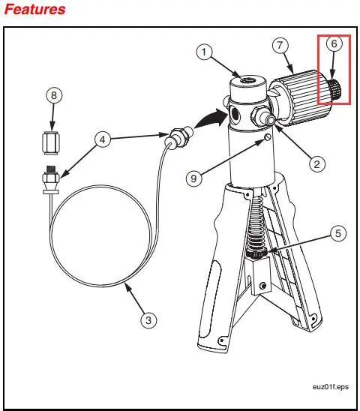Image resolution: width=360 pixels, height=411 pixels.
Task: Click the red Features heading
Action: tap(34, 10)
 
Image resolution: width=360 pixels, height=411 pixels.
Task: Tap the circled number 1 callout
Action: tap(204, 52)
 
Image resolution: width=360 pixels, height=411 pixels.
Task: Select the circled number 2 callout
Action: tap(317, 164)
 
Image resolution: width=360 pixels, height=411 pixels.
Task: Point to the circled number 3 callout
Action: tap(148, 320)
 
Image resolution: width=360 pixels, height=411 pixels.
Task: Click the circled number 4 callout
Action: tap(103, 139)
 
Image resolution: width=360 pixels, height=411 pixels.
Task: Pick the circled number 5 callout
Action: tap(338, 233)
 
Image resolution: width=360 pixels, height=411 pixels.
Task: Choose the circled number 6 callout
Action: tap(334, 43)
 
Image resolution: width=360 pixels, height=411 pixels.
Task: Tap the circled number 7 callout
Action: tap(280, 45)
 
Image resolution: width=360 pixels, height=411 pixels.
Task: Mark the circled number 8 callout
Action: tap(54, 95)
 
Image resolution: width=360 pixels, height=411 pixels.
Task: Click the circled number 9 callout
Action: tap(193, 178)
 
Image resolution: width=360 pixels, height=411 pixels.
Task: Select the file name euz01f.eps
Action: tap(330, 387)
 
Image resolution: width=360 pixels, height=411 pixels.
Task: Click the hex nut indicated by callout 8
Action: tap(50, 142)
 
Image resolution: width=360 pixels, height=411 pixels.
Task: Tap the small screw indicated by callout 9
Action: tap(267, 136)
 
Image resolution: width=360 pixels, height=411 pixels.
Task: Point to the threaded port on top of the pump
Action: tap(247, 79)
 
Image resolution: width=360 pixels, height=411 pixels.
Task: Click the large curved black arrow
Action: tap(211, 118)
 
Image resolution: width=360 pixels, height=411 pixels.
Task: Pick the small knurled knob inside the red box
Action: tap(334, 88)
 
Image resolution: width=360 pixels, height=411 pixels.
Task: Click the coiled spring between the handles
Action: tap(256, 226)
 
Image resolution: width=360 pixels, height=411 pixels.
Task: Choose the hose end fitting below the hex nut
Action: tap(50, 180)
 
